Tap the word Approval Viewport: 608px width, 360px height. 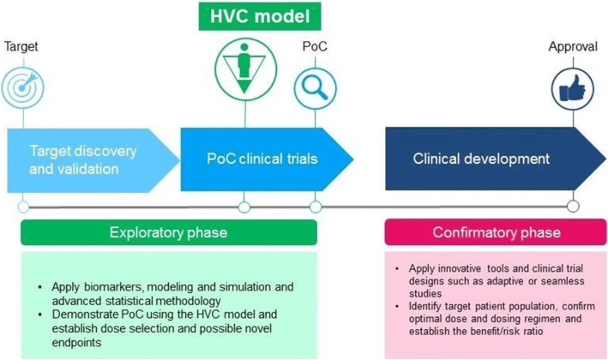point(572,47)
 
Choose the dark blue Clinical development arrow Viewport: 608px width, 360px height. point(480,159)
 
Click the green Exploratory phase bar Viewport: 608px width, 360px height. point(168,232)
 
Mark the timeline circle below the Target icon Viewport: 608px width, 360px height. point(24,207)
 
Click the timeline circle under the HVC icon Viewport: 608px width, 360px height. point(244,207)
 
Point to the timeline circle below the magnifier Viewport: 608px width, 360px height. point(316,207)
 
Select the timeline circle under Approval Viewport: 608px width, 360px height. point(572,207)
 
